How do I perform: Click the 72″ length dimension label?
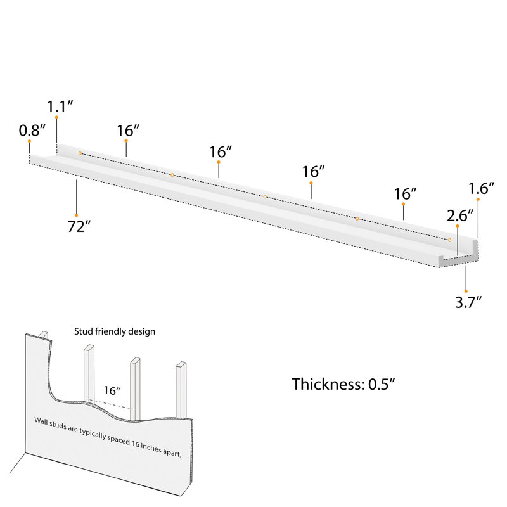79,226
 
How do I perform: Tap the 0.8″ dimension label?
32,131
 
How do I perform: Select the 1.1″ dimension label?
60,106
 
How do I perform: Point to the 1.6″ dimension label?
482,188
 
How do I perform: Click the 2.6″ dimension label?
460,215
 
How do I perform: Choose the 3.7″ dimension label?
468,302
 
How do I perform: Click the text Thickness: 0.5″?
343,384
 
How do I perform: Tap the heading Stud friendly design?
115,331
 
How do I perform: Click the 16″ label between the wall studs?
112,390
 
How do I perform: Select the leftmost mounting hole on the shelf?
80,153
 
